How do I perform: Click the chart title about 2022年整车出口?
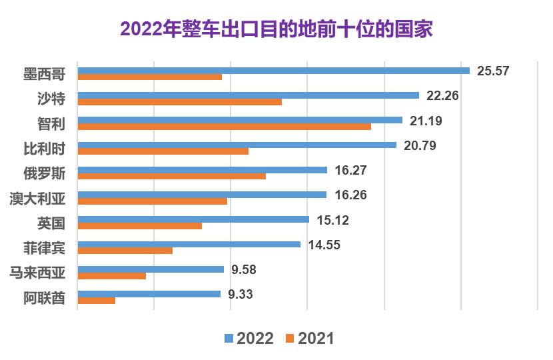click(276, 29)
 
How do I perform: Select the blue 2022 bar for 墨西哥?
click(273, 71)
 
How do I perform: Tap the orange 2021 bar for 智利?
click(225, 127)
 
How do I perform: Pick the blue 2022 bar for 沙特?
click(248, 95)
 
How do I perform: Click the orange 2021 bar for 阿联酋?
click(97, 301)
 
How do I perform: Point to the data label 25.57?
click(493, 71)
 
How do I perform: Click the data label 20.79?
click(420, 145)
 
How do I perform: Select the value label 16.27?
click(350, 170)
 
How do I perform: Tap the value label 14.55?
click(324, 245)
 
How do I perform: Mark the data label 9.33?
click(241, 294)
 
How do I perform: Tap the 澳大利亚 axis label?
click(37, 199)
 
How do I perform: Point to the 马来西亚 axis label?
click(37, 273)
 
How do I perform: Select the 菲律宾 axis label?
click(44, 248)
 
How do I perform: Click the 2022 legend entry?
click(249, 339)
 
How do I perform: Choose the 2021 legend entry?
click(309, 339)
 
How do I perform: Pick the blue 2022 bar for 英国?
click(193, 219)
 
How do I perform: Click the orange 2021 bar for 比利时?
click(163, 151)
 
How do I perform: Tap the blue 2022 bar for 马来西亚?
click(151, 269)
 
